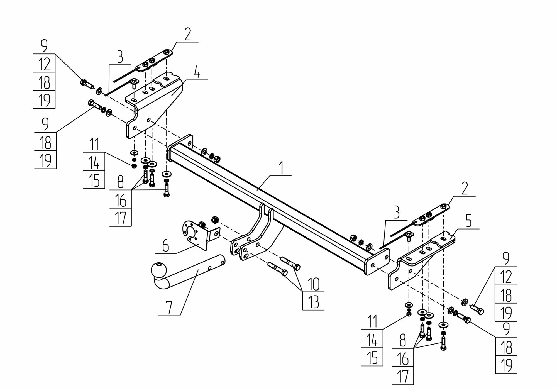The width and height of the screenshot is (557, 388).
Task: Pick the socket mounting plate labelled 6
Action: tap(195, 234)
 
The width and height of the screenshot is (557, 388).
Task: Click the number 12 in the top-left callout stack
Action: tap(44, 64)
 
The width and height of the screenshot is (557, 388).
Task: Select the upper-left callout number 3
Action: tap(120, 57)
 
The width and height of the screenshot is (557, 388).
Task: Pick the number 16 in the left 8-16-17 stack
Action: tap(120, 200)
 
